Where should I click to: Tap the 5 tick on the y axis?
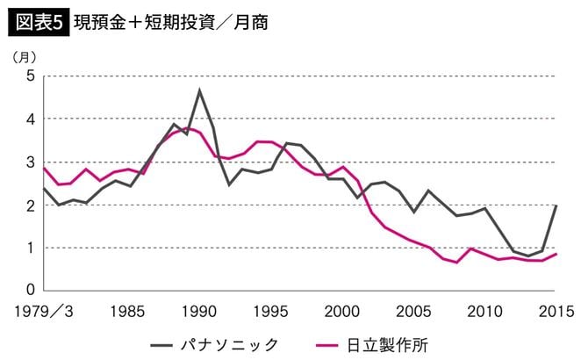coord(29,76)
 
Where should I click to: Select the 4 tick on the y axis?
coord(29,119)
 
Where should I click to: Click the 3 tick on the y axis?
coord(29,162)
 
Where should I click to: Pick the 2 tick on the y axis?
coord(29,205)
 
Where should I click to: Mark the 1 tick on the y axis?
coord(29,248)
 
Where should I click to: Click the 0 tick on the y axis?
coord(29,291)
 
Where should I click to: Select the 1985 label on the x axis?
coord(129,311)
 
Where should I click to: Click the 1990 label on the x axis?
coord(200,311)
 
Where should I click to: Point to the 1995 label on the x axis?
coord(272,311)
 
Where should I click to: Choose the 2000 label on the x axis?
coord(343,311)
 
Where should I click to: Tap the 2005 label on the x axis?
coord(414,311)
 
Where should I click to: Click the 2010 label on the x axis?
coord(485,311)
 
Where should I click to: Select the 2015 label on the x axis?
coord(556,311)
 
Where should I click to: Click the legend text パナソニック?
coord(229,343)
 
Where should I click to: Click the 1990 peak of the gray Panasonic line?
coord(200,90)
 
